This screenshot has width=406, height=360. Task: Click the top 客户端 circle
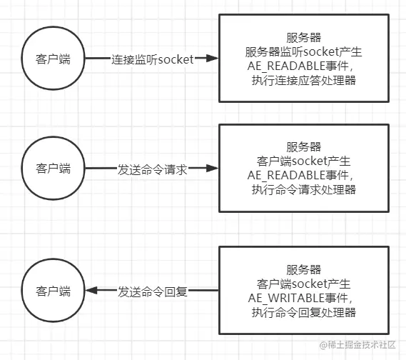[54, 59]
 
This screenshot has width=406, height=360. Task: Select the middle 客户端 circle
[54, 169]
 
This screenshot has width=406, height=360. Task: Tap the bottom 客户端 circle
[54, 291]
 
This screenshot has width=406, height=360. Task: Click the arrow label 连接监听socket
[152, 59]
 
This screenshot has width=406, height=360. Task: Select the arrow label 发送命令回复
[152, 291]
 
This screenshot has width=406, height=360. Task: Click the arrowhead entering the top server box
[211, 59]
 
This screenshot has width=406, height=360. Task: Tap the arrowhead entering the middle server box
[211, 169]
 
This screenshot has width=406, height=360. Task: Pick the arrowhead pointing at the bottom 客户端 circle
[91, 291]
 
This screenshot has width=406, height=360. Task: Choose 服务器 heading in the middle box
[303, 146]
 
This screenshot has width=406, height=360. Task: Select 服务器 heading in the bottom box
[303, 269]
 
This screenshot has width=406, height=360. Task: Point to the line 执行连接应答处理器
[303, 81]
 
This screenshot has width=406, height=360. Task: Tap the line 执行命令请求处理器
[303, 189]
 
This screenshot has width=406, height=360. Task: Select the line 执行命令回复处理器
[303, 312]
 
